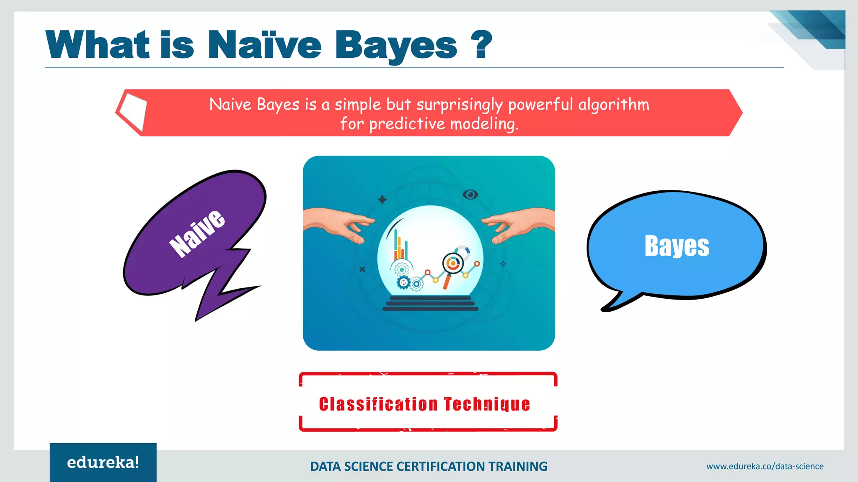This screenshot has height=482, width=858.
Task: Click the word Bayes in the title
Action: [x=395, y=46]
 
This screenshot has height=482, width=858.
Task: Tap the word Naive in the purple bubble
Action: [x=196, y=233]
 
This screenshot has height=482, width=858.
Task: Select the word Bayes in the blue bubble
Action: [x=677, y=246]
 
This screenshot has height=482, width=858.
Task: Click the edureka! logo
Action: [x=103, y=462]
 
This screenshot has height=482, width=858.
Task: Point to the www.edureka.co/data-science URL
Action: [x=765, y=466]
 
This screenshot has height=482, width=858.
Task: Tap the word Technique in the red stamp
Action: [x=487, y=404]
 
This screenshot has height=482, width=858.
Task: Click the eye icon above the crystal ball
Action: [x=470, y=195]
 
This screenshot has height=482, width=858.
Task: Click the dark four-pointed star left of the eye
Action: [x=382, y=200]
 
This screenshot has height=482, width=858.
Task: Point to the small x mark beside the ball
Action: [x=362, y=269]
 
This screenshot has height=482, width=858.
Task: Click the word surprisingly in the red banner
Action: [x=459, y=105]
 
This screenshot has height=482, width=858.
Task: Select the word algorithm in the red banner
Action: [x=614, y=105]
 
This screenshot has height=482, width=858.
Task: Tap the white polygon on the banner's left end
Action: [x=133, y=111]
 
